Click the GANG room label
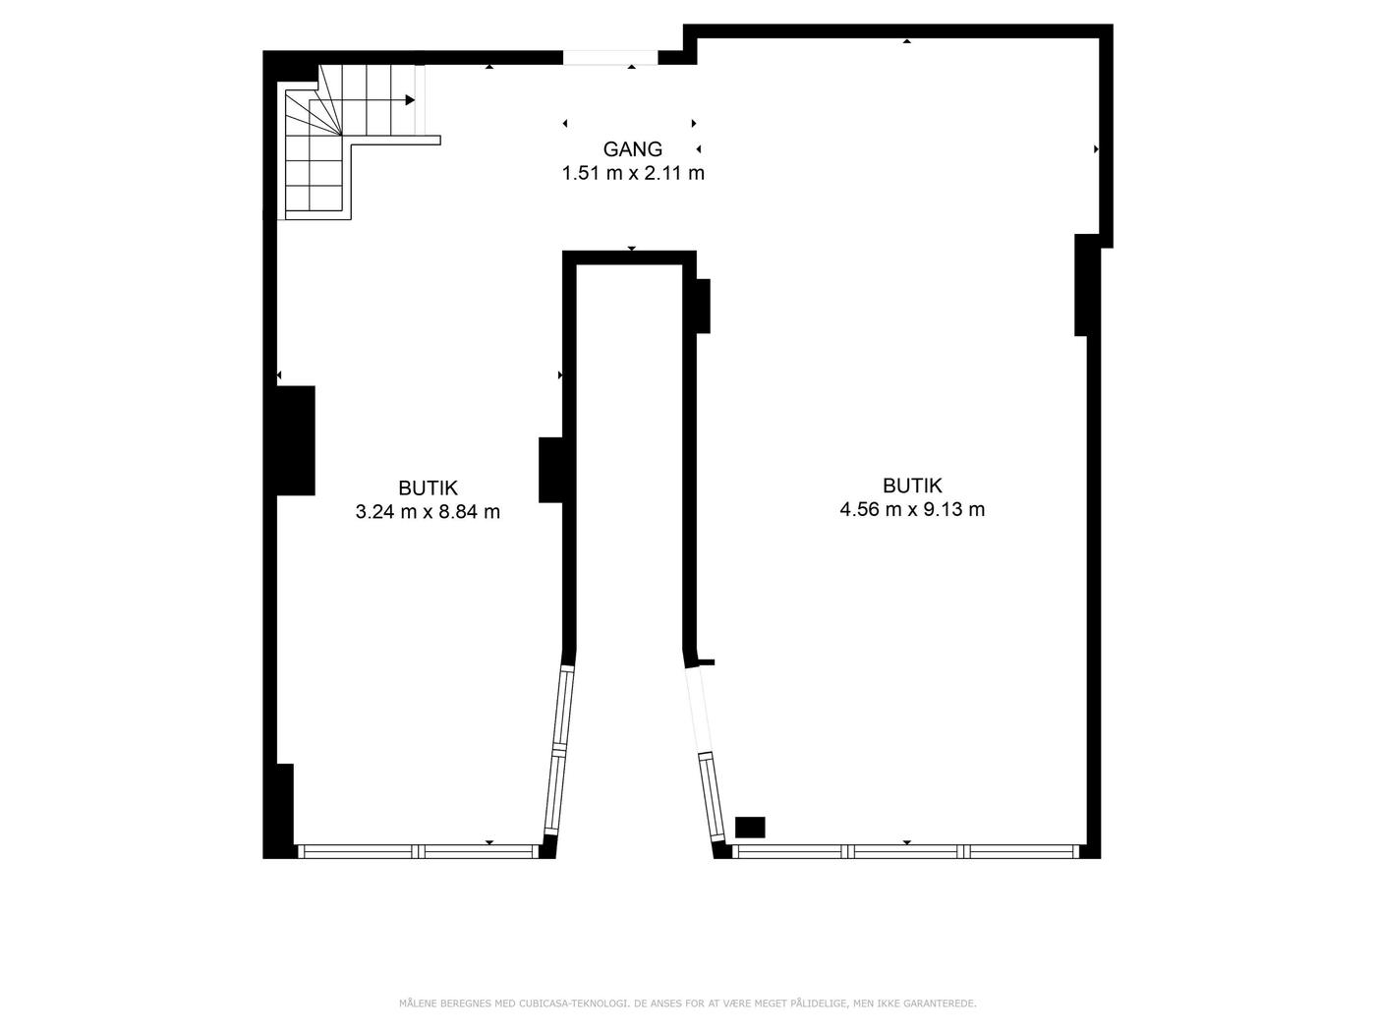coord(632,149)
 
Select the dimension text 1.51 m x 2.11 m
coord(633,173)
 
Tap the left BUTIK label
coord(428,488)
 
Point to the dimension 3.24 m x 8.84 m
coord(428,512)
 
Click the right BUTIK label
coord(912,486)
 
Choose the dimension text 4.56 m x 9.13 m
coord(912,509)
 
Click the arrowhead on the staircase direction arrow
coord(410,100)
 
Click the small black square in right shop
coord(750,828)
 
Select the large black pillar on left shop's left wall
coord(296,440)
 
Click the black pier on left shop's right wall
coord(551,470)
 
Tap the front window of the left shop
coord(418,851)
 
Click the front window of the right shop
coord(905,851)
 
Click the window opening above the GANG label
coord(610,58)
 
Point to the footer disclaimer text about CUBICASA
coord(688,1003)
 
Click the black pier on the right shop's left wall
coord(704,306)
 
